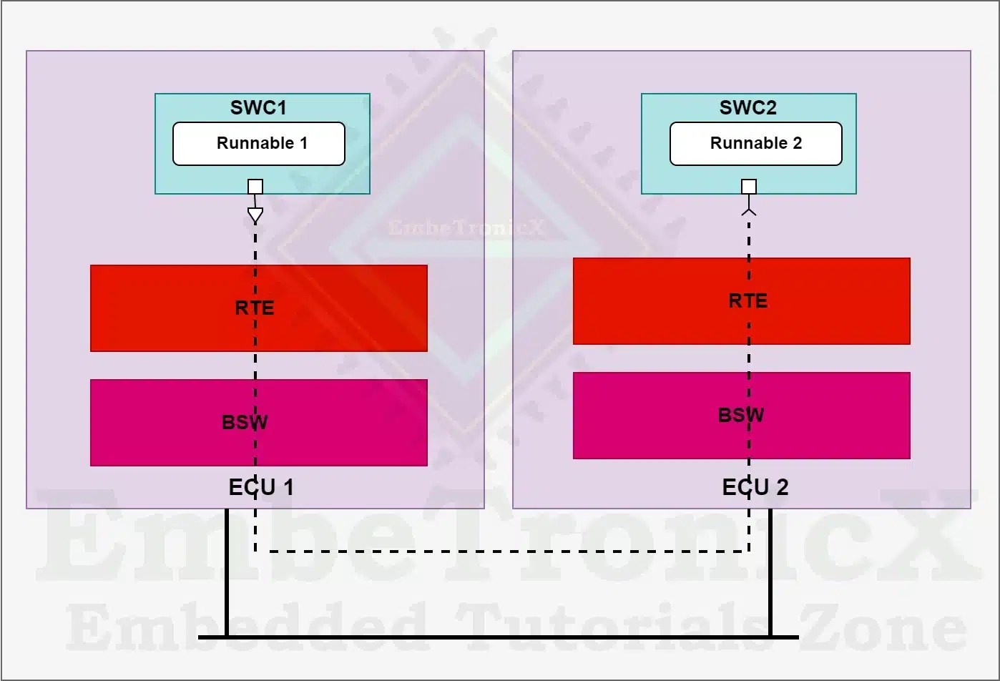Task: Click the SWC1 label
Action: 258,108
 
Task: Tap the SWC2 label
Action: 747,108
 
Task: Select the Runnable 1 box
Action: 259,144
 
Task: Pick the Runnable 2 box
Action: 755,144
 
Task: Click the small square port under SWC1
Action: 255,187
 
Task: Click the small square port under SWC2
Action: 749,187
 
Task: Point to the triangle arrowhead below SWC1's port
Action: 255,215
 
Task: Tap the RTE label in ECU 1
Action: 255,308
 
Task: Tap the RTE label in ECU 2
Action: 748,300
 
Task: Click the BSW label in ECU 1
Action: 245,422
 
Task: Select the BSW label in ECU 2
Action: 741,415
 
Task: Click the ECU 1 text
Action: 261,488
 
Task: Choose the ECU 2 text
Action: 755,488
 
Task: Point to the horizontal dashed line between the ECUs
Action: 501,552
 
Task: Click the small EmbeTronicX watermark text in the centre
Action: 466,228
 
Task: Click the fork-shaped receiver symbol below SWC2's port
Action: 749,210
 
